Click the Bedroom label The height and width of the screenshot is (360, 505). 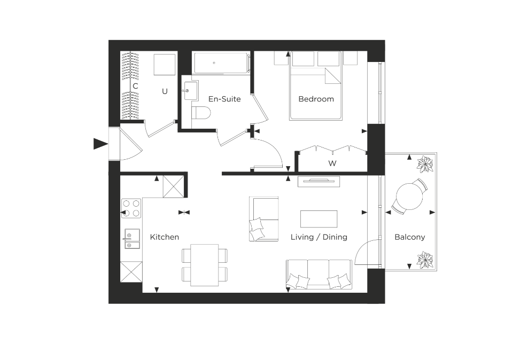point(316,99)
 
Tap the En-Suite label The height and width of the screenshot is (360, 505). point(224,99)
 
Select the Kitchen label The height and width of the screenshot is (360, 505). point(164,237)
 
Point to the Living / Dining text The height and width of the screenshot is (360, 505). point(319,237)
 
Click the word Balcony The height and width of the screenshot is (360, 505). point(410,237)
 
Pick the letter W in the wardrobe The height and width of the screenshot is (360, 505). point(332,163)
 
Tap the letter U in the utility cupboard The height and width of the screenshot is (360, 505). point(165,91)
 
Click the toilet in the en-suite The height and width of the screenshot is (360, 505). point(201,113)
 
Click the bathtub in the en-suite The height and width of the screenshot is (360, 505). point(222,63)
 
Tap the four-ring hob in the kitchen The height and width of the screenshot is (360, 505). point(131,208)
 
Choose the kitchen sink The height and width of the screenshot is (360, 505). point(132,239)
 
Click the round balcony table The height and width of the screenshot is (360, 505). point(409,197)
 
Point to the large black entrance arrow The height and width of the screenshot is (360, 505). point(100,144)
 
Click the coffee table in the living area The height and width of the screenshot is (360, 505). point(319,219)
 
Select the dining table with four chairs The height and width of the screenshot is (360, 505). point(205,265)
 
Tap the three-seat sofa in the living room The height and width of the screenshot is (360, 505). point(319,275)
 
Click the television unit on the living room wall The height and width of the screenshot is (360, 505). point(319,182)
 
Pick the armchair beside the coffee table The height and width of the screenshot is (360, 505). point(264,219)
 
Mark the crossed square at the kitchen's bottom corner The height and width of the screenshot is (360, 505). point(131,272)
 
